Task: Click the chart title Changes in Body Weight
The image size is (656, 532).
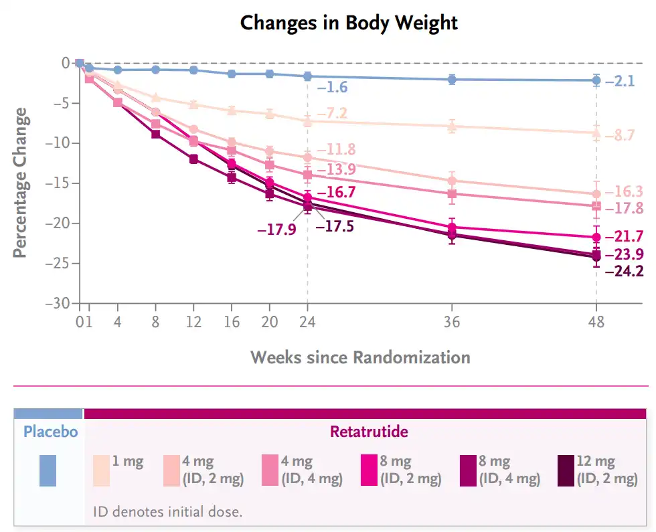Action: (x=349, y=23)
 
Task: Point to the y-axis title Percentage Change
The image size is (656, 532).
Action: (x=21, y=183)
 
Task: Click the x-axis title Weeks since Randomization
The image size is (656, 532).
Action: (x=360, y=357)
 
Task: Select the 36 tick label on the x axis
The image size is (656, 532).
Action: (x=452, y=322)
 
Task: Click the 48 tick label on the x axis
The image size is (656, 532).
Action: (x=596, y=322)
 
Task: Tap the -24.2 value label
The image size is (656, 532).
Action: (x=624, y=272)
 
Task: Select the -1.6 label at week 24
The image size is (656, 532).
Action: (x=333, y=87)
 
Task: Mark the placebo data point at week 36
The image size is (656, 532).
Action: (x=452, y=79)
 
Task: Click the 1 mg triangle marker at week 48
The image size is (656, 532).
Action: (x=596, y=132)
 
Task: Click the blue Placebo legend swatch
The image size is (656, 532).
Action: (x=48, y=470)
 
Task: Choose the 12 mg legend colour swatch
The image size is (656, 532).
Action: (x=566, y=470)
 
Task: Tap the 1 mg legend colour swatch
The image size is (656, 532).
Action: (x=101, y=470)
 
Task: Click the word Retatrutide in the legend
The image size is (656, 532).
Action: (x=369, y=432)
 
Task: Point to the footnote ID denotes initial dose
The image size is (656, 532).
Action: (x=167, y=512)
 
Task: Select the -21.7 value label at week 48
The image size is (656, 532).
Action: (x=624, y=236)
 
